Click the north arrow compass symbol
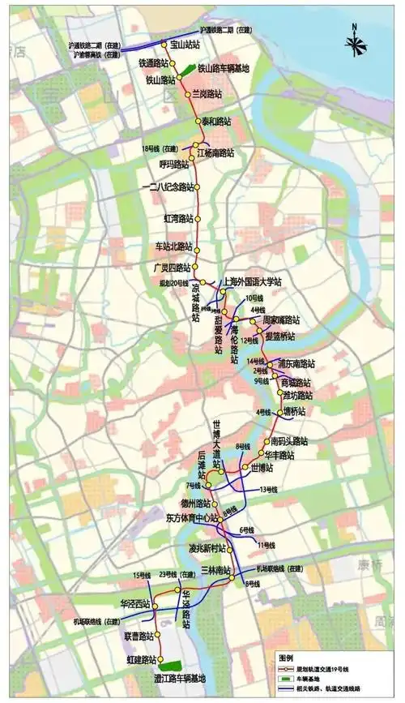tap(354, 41)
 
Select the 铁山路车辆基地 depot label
tap(224, 69)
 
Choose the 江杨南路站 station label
tap(215, 152)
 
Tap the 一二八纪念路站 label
tap(168, 187)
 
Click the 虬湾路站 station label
tap(179, 219)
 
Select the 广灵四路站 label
tap(173, 268)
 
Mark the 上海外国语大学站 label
tap(253, 281)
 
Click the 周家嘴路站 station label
tap(282, 320)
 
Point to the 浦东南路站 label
tap(296, 363)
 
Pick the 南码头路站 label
tap(289, 441)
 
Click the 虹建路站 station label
tap(141, 660)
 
